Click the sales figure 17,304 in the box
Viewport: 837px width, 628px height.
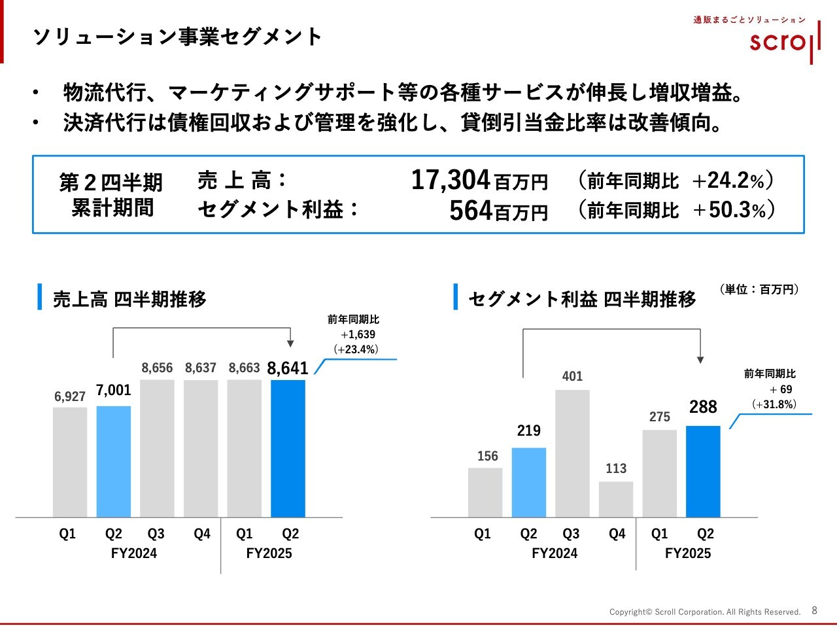point(451,180)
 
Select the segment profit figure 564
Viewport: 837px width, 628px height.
point(471,211)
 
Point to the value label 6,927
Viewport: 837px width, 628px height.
point(70,396)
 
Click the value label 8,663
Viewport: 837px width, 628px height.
point(244,368)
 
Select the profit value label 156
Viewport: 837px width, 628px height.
point(487,456)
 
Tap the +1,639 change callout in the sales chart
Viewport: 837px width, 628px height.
point(358,334)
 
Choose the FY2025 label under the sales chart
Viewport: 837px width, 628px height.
point(269,553)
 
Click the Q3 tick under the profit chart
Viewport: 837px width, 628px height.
point(571,534)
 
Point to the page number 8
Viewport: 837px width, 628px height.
point(814,610)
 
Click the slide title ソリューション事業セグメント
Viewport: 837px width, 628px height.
point(177,37)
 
